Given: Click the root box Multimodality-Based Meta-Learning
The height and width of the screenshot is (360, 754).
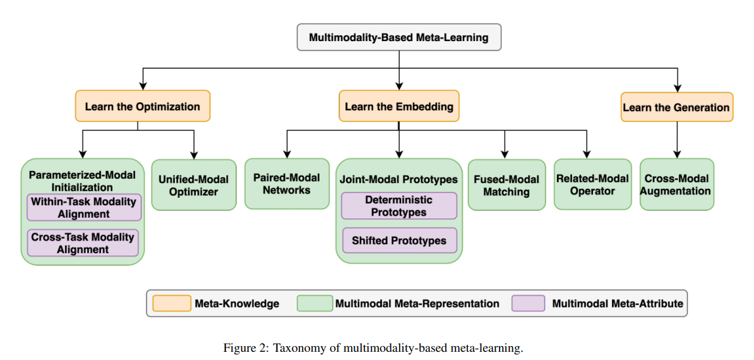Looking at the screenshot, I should pos(398,37).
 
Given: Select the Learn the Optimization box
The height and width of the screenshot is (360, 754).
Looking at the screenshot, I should pos(142,107).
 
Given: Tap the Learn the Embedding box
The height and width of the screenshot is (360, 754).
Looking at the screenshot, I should pos(398,106).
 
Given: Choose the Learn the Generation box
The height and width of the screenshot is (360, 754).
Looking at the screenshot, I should pos(676,107).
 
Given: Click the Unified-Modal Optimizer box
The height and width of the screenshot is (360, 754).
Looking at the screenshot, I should pos(194,185).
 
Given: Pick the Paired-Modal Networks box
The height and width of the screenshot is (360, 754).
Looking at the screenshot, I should pos(287,184).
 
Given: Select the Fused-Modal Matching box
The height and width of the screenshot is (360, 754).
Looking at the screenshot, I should pos(506,185).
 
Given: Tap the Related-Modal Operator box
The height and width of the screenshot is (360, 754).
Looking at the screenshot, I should pos(592,184).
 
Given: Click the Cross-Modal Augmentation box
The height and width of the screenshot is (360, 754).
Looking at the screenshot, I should pos(676,184).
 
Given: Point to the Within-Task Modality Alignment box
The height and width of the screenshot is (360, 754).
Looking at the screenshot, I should pos(83,207).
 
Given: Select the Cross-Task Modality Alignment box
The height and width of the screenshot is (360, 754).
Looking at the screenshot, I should pos(83,243).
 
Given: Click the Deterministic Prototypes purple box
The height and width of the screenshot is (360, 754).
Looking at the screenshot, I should pos(398,206).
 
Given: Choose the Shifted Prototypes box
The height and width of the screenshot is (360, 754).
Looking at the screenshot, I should pos(398,241).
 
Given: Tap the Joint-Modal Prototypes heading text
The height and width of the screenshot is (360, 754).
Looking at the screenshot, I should pos(398,179).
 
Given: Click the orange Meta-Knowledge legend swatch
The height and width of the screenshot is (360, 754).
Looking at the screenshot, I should pos(171,303).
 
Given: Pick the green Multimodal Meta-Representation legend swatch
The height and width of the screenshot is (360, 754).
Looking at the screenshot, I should pos(314,303).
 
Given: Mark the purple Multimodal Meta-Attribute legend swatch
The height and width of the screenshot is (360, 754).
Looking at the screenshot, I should pos(529,303).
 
